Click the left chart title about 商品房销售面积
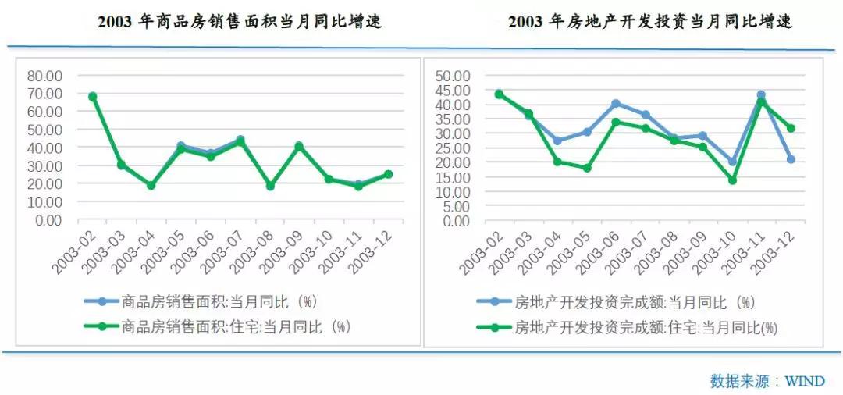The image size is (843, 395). (240, 22)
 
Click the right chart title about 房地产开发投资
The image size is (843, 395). (650, 22)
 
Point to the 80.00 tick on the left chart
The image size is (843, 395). (44, 76)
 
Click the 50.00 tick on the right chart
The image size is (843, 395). (452, 76)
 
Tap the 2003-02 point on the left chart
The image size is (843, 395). (92, 97)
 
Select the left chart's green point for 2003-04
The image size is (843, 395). (151, 186)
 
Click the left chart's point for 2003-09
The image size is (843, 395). (299, 146)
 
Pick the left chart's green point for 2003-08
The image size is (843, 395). (270, 187)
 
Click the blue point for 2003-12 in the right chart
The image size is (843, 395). (791, 159)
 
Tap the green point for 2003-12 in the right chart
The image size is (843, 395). (791, 128)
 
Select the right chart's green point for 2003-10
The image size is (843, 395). (732, 180)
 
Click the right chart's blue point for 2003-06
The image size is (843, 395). (616, 103)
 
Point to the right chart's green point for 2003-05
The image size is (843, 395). (586, 168)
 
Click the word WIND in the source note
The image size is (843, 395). (804, 381)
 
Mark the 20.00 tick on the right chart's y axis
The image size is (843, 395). (452, 162)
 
